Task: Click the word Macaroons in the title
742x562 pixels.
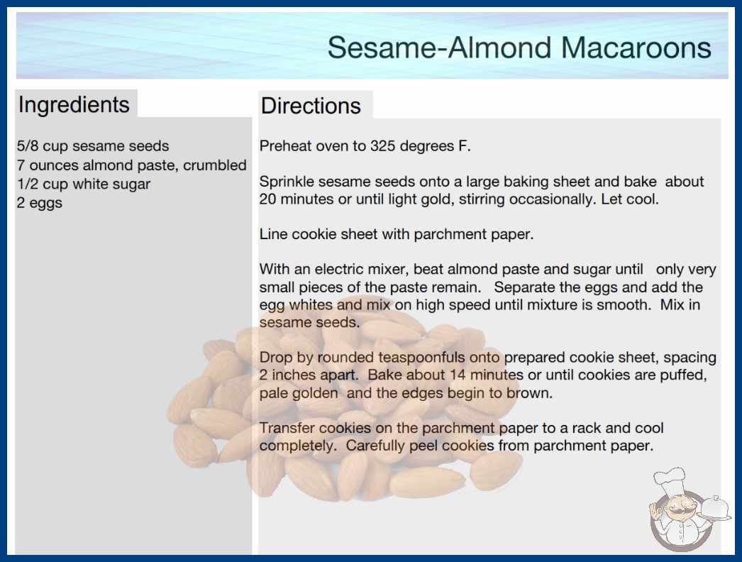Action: (x=636, y=48)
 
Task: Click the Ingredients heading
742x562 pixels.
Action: (x=74, y=104)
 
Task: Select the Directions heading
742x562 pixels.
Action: (x=311, y=106)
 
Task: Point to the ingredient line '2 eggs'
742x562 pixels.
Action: (x=40, y=203)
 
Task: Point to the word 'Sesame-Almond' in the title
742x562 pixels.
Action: (x=439, y=48)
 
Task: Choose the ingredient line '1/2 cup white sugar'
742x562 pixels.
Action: (x=84, y=184)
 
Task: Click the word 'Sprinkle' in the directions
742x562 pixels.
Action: (x=287, y=182)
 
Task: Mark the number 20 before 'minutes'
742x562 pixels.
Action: (x=267, y=199)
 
